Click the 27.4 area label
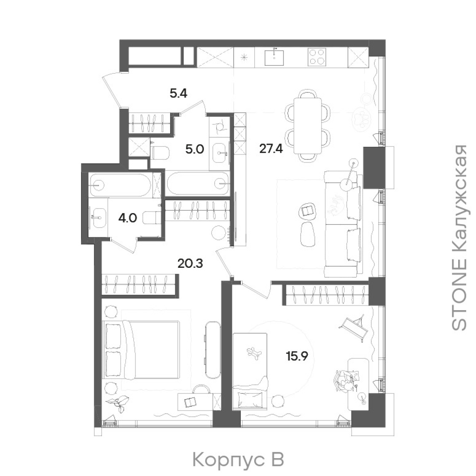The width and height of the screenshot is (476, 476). pos(271,149)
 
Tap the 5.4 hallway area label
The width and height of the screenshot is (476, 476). pos(178,93)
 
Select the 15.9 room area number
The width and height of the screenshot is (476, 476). pos(297,356)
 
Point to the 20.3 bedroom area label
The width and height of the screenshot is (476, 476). pos(190,263)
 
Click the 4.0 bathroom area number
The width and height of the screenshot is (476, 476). pos(127,218)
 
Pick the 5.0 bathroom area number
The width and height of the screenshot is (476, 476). pos(195,150)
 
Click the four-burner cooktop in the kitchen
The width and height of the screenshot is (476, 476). pos(317,57)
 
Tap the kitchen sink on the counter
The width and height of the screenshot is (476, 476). pos(274,58)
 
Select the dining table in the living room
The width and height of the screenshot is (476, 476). pos(308,125)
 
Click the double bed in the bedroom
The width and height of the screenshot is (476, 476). pos(141,350)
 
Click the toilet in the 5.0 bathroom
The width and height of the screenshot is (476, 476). pos(159,153)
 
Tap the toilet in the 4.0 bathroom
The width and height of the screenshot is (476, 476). pos(152,218)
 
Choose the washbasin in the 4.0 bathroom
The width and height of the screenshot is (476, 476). pos(98,218)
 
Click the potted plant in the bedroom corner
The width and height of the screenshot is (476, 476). pos(118,404)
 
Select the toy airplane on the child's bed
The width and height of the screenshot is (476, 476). pos(254,353)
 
